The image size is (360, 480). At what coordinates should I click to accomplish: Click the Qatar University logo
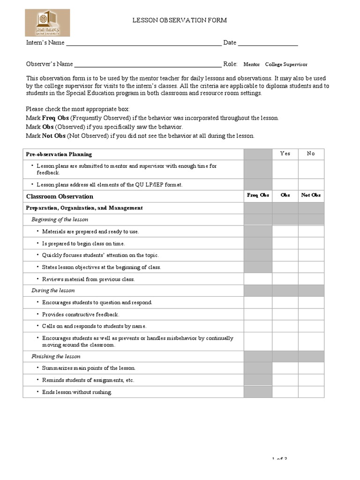pos(47,23)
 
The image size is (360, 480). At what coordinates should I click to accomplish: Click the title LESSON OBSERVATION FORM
pos(180,20)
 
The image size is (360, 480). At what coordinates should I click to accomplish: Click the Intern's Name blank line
pos(143,43)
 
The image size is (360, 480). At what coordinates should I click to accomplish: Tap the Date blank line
pos(268,43)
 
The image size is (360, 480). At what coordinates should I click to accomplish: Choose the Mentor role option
pos(252,65)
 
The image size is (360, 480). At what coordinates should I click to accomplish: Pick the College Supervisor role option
pos(286,65)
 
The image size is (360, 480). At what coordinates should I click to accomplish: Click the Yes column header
pos(285,154)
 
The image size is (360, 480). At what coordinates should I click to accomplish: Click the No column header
pos(311,154)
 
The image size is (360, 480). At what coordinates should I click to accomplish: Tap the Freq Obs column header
pos(258,195)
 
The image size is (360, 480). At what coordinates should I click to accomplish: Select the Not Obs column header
pos(311,195)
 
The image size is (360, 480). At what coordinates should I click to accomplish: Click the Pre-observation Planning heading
pos(59,154)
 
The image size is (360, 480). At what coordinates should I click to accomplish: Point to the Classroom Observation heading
pos(60,196)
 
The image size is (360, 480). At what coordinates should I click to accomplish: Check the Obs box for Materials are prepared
pos(285,231)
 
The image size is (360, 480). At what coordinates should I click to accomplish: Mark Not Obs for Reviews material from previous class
pos(311,279)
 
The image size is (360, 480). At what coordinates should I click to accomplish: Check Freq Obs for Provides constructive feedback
pos(258,315)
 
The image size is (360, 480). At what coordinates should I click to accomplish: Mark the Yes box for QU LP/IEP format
pos(285,185)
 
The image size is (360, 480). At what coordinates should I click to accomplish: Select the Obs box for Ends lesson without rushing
pos(285,392)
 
